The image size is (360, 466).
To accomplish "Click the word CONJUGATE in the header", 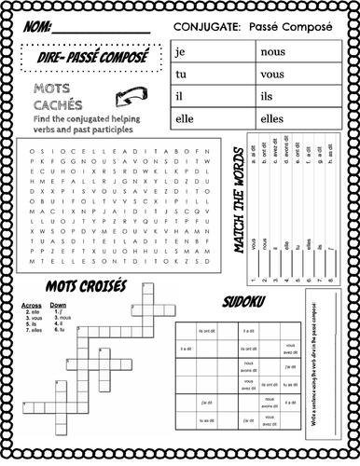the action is [x=207, y=28].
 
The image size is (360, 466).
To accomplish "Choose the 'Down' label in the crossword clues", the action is [x=58, y=305].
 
